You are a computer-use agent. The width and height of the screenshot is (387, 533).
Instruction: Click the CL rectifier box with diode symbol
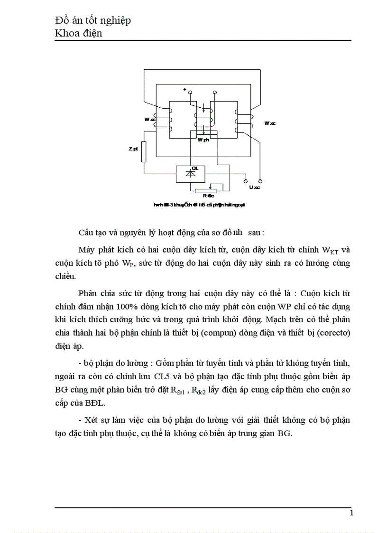(x=190, y=174)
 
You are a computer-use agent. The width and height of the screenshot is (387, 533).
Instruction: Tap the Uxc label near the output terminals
(x=255, y=187)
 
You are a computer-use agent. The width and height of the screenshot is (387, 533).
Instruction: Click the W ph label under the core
(x=204, y=140)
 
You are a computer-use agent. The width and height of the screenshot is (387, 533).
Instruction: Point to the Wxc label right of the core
(x=270, y=123)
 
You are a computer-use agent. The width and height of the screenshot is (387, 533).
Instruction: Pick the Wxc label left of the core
(x=150, y=120)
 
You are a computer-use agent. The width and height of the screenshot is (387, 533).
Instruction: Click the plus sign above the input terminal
(x=185, y=89)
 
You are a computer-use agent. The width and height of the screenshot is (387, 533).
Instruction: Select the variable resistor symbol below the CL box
(x=208, y=190)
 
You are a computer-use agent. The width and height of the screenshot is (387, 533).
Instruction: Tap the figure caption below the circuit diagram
(x=199, y=205)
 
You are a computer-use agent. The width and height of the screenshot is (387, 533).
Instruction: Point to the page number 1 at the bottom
(x=351, y=513)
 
